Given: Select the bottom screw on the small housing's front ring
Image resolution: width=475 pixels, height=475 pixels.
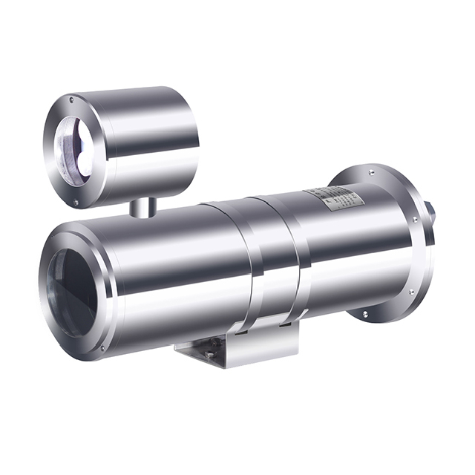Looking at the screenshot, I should tap(76, 200).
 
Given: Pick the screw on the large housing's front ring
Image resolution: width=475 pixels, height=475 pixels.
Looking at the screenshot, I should tap(102, 347).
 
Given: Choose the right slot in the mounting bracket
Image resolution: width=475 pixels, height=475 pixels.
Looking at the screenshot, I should tap(284, 323).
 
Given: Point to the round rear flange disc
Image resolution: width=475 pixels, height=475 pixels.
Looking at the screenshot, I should tap(393, 245).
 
